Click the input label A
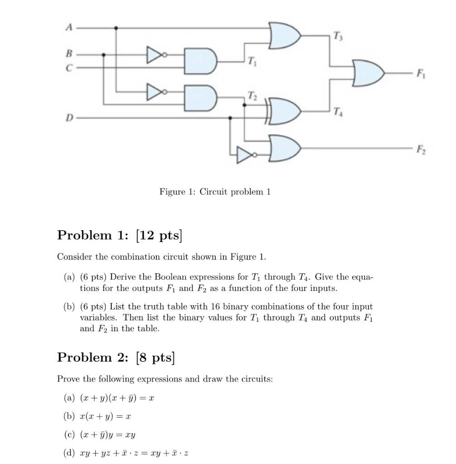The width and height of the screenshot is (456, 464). pos(69,28)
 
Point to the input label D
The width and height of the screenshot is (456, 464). pos(69,118)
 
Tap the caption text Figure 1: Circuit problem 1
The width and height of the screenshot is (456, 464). pos(215,192)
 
